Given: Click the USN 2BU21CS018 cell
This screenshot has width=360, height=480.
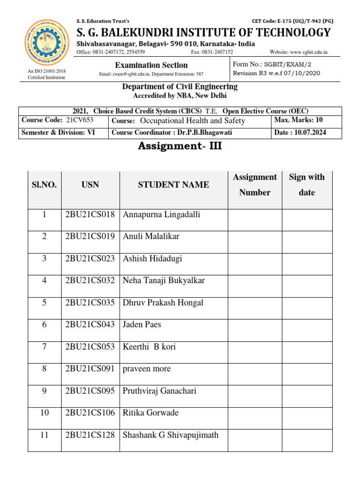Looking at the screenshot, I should [x=90, y=215].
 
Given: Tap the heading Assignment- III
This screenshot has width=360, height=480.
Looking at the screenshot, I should [x=180, y=146].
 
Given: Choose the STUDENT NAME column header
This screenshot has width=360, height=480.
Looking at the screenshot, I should [x=173, y=185].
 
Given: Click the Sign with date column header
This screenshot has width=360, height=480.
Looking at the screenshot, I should [x=307, y=185].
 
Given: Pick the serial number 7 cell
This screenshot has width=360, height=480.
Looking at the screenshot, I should [x=44, y=347].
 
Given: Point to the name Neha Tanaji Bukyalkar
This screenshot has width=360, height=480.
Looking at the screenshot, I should [x=164, y=281].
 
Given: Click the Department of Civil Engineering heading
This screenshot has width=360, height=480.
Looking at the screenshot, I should [x=180, y=87].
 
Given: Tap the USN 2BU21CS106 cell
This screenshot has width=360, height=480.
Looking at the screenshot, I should [x=90, y=413].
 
